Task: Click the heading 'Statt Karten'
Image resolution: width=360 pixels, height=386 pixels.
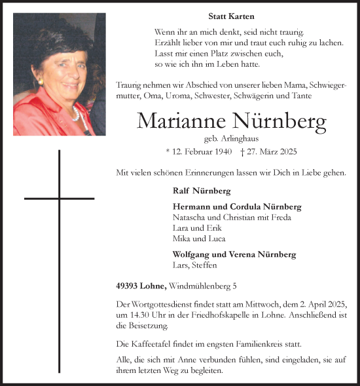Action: point(231,16)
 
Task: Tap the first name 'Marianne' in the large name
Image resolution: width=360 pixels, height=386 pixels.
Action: point(177,122)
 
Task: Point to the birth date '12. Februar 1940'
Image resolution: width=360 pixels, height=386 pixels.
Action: point(201,152)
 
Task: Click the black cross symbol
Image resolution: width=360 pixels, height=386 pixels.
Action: point(60,197)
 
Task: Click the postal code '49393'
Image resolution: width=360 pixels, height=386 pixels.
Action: point(128,286)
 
